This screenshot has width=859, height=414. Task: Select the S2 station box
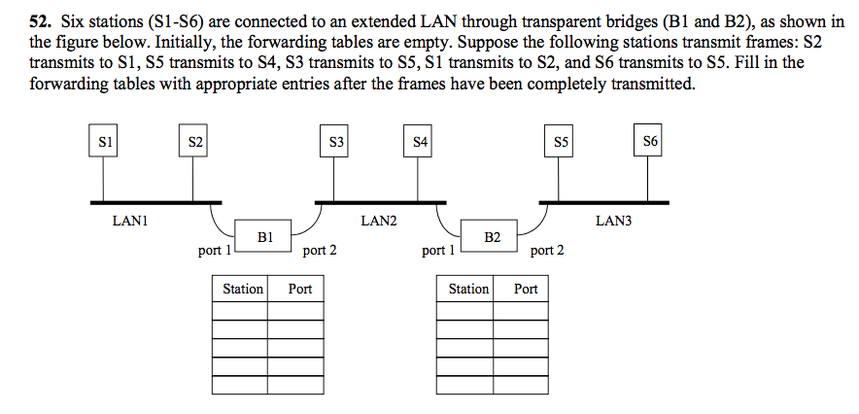click(x=195, y=142)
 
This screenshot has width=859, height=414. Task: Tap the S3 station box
click(x=336, y=142)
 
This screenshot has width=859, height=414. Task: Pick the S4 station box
click(x=420, y=142)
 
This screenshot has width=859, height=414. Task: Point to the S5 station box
click(x=561, y=142)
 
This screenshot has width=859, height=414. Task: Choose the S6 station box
click(x=650, y=142)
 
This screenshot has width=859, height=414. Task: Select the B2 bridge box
click(x=492, y=236)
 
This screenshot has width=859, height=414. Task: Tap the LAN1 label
click(x=129, y=222)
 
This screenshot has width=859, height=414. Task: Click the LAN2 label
click(x=379, y=222)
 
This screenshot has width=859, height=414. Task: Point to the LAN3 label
click(x=613, y=222)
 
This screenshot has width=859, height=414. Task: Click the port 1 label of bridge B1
click(x=214, y=251)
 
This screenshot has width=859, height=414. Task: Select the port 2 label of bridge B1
click(x=320, y=251)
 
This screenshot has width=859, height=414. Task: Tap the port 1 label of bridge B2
click(x=440, y=251)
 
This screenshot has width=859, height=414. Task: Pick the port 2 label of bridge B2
click(x=546, y=251)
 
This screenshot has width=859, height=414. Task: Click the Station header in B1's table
click(x=242, y=289)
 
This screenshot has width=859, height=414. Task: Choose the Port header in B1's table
click(x=300, y=289)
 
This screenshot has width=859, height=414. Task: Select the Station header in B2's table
click(x=468, y=289)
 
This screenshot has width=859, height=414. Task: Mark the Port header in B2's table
click(x=526, y=289)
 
